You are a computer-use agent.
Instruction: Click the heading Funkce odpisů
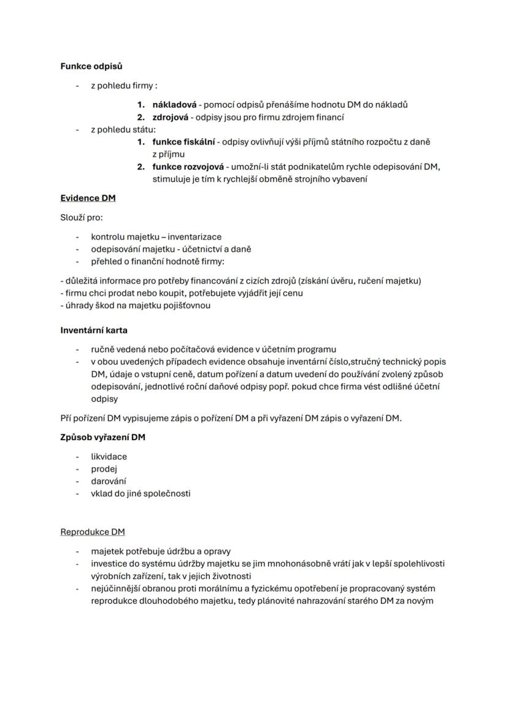(x=91, y=66)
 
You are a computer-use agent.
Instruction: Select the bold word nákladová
(x=174, y=104)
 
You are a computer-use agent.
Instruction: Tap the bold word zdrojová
(x=170, y=117)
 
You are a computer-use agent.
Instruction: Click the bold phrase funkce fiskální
(x=183, y=142)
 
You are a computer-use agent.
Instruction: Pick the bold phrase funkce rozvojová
(x=188, y=167)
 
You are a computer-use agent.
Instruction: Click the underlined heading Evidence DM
(x=88, y=198)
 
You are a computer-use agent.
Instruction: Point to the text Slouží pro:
(x=77, y=217)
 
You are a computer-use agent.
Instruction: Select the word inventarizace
(x=194, y=236)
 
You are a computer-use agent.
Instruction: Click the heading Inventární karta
(x=94, y=330)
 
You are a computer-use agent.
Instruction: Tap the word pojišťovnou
(x=185, y=305)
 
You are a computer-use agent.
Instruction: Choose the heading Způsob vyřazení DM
(x=102, y=437)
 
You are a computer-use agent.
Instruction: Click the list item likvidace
(x=109, y=456)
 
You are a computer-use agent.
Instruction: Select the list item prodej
(x=104, y=468)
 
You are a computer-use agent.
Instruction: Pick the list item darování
(x=109, y=481)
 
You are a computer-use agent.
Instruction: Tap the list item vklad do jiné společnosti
(x=140, y=493)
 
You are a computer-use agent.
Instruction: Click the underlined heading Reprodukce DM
(x=92, y=532)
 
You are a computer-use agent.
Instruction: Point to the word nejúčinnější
(x=118, y=588)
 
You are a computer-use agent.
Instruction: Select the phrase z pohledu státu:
(x=123, y=130)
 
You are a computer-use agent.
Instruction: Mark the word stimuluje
(x=173, y=179)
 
